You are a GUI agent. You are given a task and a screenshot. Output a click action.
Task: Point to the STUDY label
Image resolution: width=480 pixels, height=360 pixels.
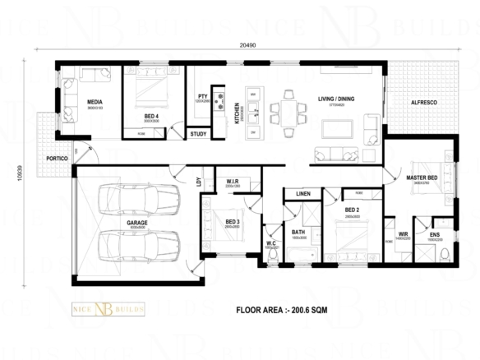click(x=198, y=133)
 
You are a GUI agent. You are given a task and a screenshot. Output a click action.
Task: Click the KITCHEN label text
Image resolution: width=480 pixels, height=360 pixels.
click(x=237, y=109)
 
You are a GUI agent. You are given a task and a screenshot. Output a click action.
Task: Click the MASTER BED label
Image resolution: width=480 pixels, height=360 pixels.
click(x=422, y=177)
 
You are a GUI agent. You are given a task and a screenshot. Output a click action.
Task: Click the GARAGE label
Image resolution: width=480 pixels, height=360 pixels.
click(x=138, y=223)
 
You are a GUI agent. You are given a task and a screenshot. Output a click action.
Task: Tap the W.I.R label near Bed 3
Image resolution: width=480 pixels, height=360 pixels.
click(x=232, y=181)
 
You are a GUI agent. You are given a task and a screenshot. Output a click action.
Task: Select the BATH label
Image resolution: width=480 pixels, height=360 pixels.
click(x=298, y=233)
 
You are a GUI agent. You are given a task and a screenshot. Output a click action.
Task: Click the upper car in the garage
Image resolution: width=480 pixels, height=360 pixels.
click(x=138, y=198)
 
